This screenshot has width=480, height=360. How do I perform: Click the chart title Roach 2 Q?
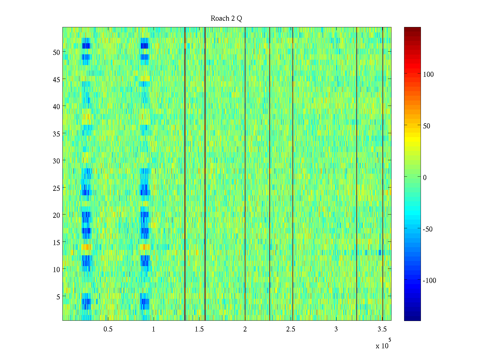pos(226,19)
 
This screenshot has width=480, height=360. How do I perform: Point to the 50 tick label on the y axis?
pos(56,52)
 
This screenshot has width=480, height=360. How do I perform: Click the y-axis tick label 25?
pos(56,188)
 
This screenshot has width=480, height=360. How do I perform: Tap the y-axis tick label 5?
pos(58,297)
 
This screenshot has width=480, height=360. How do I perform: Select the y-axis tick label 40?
pos(56,106)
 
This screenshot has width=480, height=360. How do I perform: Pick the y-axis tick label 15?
pos(56,242)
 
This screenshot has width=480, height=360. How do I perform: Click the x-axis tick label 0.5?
pos(108,329)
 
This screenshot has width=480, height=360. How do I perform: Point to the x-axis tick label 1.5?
pos(199,329)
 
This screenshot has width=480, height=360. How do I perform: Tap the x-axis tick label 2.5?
pos(290,329)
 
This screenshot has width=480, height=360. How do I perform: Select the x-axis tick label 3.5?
pos(382,329)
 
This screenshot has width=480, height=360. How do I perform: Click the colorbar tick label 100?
pos(428,74)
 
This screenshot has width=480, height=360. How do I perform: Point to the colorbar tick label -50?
pos(427,229)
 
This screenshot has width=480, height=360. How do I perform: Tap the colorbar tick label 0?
pos(424,178)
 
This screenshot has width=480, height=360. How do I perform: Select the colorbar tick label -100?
pos(429,281)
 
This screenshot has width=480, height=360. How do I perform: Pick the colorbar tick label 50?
pos(426,126)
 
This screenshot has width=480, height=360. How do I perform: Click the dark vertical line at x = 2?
pos(245,174)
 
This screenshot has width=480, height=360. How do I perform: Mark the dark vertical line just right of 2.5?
pos(293,174)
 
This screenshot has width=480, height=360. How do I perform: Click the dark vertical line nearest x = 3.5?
pos(383,174)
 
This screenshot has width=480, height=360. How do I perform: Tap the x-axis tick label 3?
pos(336,329)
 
